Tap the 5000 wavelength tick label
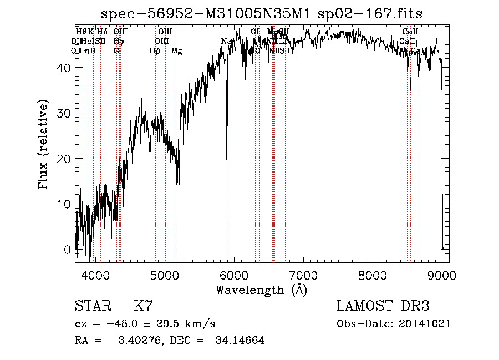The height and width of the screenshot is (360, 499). (164, 275)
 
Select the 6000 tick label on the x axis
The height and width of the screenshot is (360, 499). (233, 275)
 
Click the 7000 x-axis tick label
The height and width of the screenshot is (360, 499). (303, 275)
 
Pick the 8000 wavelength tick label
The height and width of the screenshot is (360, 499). (372, 275)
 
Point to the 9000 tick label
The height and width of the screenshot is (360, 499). (441, 275)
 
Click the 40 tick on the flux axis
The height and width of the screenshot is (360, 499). (64, 67)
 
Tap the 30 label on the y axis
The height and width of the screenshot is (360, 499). (64, 113)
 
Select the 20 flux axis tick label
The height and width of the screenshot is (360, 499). (64, 158)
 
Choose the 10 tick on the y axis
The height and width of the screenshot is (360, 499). (64, 204)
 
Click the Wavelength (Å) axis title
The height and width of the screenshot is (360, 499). (261, 290)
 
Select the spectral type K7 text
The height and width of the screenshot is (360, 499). (143, 306)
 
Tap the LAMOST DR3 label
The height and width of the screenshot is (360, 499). (383, 306)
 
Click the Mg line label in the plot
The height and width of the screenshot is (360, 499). (176, 51)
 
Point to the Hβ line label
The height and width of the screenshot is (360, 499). (155, 51)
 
